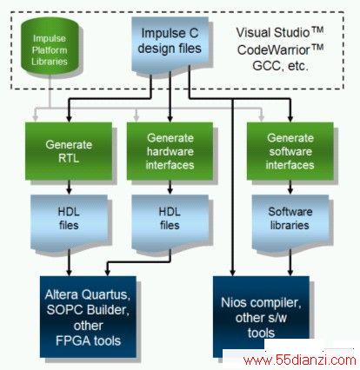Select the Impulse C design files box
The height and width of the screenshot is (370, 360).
pyautogui.click(x=170, y=45)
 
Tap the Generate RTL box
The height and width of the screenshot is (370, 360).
pyautogui.click(x=69, y=151)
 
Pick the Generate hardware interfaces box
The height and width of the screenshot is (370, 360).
pyautogui.click(x=170, y=151)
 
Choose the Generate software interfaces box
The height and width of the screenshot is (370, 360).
pyautogui.click(x=290, y=151)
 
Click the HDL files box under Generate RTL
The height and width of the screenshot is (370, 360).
pyautogui.click(x=69, y=223)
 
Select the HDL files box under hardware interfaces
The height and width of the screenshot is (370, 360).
pyautogui.click(x=170, y=223)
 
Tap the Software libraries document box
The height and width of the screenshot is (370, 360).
pyautogui.click(x=290, y=223)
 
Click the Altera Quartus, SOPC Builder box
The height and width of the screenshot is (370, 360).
pyautogui.click(x=88, y=317)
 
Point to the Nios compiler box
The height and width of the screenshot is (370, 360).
pyautogui.click(x=261, y=317)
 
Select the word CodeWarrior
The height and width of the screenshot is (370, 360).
pyautogui.click(x=274, y=50)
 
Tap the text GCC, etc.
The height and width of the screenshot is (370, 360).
pyautogui.click(x=280, y=66)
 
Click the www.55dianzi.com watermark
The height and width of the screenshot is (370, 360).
pyautogui.click(x=300, y=360)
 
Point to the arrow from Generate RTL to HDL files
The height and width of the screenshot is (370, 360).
pyautogui.click(x=69, y=188)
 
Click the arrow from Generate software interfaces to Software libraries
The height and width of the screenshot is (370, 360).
pyautogui.click(x=290, y=188)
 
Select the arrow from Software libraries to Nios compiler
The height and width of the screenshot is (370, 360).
pyautogui.click(x=290, y=262)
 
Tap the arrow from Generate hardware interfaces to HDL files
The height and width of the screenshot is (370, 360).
pyautogui.click(x=170, y=188)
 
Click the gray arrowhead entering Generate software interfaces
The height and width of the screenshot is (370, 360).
pyautogui.click(x=261, y=118)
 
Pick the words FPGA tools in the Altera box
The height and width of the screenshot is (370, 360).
pyautogui.click(x=88, y=340)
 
